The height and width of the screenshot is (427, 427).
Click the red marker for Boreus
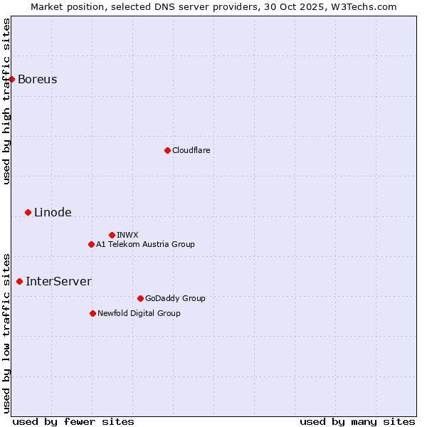12,79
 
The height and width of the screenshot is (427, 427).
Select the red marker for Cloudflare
167,150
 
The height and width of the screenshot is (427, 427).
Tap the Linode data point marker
28,212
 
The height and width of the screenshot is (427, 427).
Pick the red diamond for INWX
112,235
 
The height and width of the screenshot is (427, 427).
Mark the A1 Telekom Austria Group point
91,244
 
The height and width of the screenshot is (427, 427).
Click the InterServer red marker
19,281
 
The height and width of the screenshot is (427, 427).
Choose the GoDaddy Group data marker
140,298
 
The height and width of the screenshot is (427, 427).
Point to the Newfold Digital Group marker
93,313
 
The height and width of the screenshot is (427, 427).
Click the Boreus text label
37,79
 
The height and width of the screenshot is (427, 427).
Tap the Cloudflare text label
191,150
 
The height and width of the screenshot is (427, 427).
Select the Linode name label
53,212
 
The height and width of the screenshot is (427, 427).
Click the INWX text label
127,235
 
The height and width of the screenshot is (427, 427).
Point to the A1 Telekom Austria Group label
145,244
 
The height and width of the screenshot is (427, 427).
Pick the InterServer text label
58,281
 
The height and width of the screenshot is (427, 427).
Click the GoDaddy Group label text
175,298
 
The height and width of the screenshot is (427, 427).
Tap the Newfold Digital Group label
139,313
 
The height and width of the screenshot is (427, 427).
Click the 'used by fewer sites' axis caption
73,421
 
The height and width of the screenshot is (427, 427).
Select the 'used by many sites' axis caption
357,421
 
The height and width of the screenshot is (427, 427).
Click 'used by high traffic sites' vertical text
6,101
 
